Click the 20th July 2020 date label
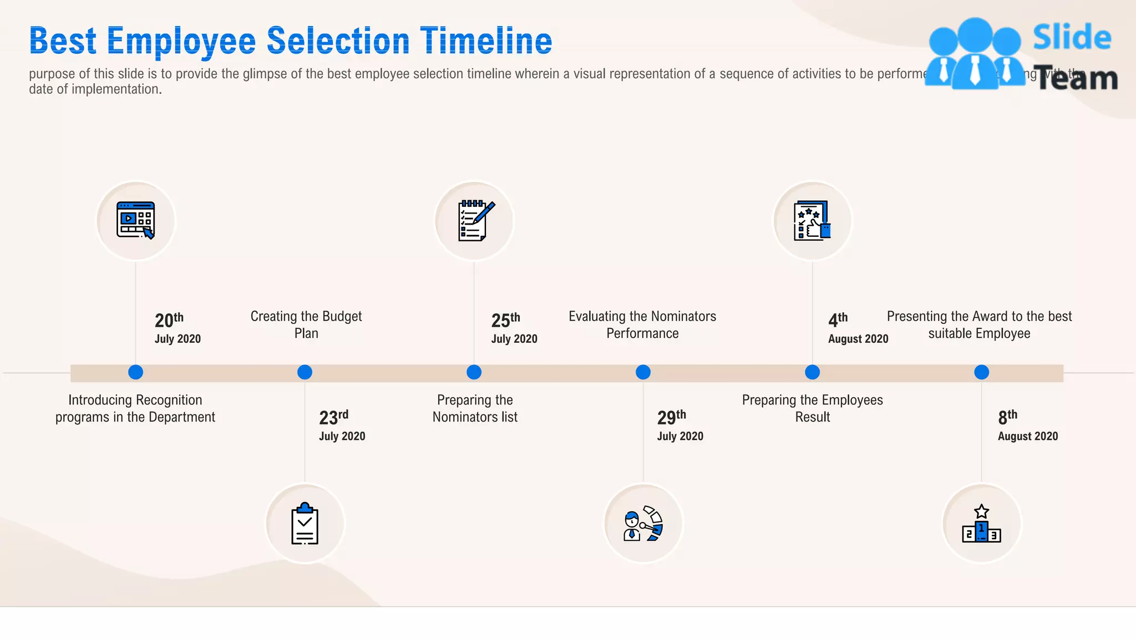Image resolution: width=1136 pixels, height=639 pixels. click(177, 328)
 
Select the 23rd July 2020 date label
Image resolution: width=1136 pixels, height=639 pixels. click(342, 425)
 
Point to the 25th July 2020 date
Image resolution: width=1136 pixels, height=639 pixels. click(514, 328)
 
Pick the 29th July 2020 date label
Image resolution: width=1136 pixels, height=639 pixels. click(679, 425)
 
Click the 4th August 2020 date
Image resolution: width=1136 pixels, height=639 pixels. click(858, 328)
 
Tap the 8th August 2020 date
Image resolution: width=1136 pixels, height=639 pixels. click(1027, 425)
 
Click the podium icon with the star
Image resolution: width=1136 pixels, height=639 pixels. click(981, 524)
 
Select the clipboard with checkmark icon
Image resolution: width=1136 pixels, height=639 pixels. click(305, 524)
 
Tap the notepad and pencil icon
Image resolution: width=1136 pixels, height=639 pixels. click(475, 221)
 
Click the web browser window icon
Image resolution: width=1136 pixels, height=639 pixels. click(136, 221)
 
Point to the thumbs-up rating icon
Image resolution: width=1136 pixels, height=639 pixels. click(812, 221)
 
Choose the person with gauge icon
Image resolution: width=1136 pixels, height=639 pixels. click(643, 524)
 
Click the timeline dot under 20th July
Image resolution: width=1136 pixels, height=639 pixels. click(135, 372)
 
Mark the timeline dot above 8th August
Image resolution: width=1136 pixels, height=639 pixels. click(981, 372)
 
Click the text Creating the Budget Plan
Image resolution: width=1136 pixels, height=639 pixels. click(306, 324)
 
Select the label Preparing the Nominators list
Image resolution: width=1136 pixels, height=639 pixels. click(475, 408)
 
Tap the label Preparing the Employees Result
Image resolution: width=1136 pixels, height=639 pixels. click(812, 408)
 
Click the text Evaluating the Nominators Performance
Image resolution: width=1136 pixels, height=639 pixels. click(642, 324)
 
